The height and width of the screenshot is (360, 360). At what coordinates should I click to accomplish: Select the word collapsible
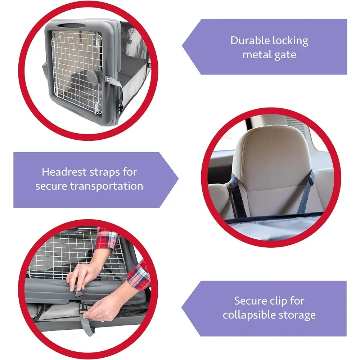[x=245, y=315]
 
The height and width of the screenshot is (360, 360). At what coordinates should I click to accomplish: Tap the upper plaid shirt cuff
[x=107, y=239]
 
